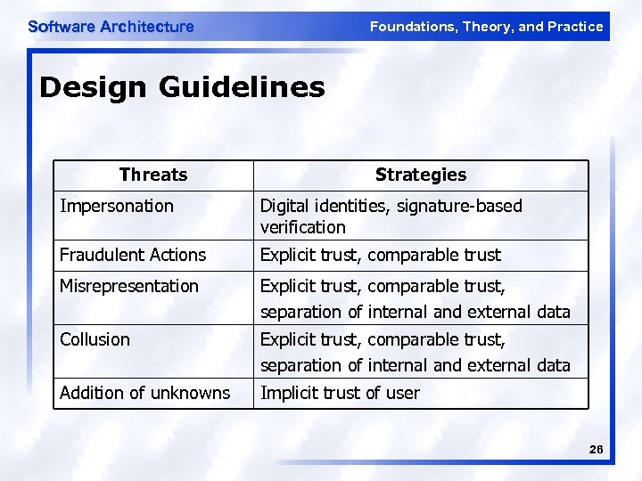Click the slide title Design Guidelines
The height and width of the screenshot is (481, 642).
182,87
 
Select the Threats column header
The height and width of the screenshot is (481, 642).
152,175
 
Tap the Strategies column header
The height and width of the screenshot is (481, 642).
420,175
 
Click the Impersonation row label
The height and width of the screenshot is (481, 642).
117,206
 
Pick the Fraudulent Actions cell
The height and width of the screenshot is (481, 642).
133,255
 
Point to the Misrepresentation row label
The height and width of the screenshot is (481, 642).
129,286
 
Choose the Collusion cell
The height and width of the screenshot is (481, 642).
95,339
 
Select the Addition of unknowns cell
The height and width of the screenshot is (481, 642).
144,393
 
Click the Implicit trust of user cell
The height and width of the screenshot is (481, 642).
340,393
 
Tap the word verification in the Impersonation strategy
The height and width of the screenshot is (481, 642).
302,227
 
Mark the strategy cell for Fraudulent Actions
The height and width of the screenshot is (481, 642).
381,255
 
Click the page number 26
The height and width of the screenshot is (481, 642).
596,450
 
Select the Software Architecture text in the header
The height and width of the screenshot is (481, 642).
111,27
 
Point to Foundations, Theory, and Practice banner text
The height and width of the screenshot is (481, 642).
486,27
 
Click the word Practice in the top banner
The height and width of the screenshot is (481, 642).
576,27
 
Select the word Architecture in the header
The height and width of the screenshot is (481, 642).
147,27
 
